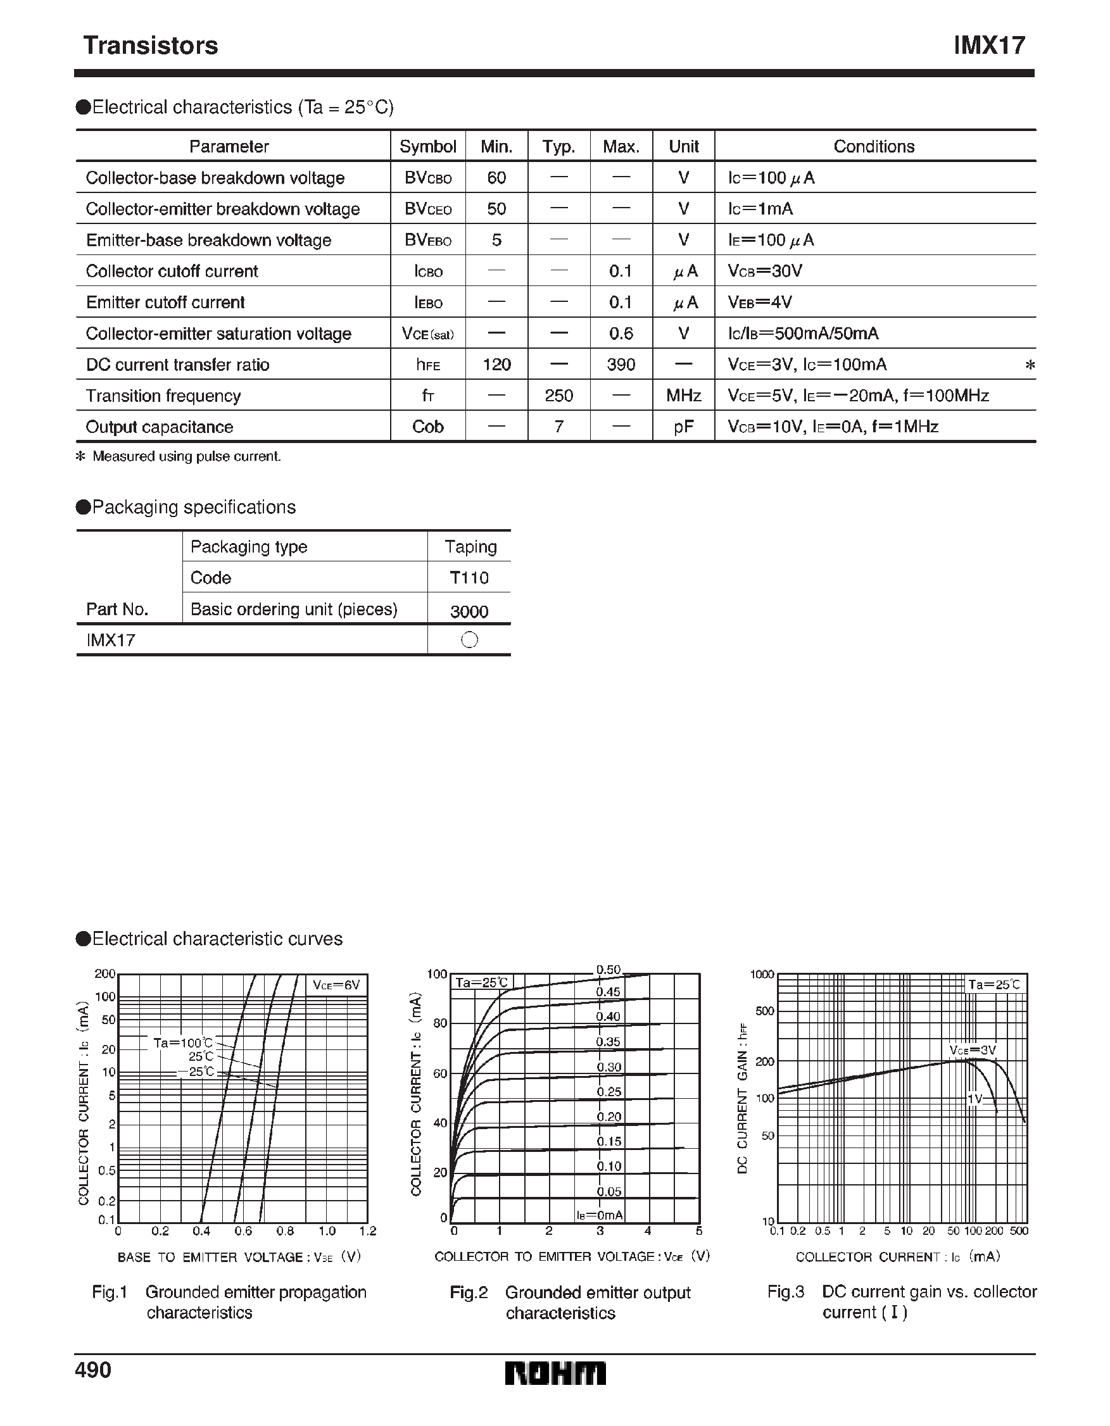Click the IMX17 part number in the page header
[989, 46]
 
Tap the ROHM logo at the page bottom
[555, 1373]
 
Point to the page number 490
[93, 1370]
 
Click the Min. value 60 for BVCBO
[496, 178]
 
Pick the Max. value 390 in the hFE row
[621, 365]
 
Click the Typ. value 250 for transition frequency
[558, 396]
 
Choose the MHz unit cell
[683, 396]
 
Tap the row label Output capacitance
[160, 427]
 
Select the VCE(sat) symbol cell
[428, 334]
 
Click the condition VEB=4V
[760, 303]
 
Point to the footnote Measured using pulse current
[186, 456]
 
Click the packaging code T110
[469, 578]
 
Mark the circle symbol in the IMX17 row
[469, 640]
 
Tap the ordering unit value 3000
[469, 611]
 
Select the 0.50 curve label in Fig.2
[609, 970]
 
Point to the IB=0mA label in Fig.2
[599, 1215]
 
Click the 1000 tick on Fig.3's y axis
[762, 975]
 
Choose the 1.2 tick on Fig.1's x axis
[368, 1232]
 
